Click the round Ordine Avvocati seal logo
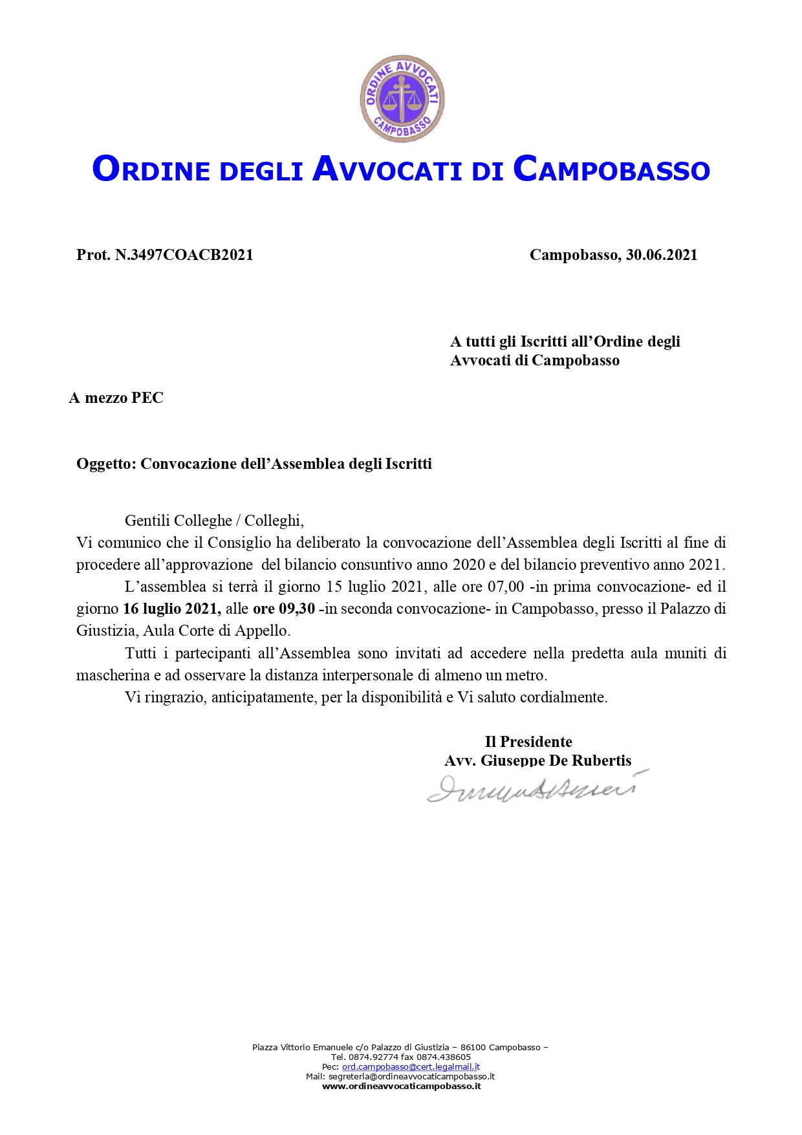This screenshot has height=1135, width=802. [402, 98]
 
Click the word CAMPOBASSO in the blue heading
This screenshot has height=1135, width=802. [611, 169]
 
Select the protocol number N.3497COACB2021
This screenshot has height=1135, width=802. [184, 255]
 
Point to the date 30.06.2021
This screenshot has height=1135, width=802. [661, 255]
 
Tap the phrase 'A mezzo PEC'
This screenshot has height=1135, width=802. [116, 398]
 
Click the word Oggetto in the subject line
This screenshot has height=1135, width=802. [105, 464]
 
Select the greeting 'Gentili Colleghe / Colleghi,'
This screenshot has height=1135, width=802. [214, 521]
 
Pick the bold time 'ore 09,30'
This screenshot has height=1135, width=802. [283, 609]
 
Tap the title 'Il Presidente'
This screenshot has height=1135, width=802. [528, 742]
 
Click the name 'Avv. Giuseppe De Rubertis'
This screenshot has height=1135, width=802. [537, 761]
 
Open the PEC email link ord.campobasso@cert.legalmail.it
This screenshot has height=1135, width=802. [411, 1066]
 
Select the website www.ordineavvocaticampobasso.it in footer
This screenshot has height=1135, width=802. [401, 1086]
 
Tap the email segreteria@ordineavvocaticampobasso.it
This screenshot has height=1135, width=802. [411, 1076]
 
